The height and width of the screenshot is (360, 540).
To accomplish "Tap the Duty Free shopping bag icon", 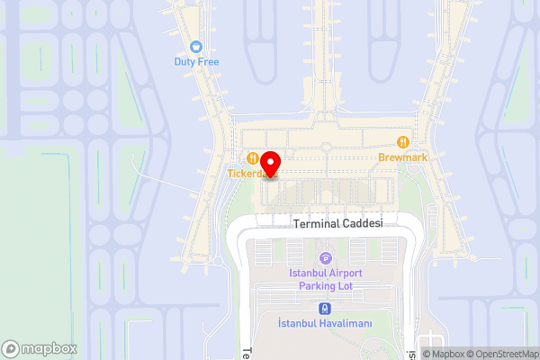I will pos(197,47).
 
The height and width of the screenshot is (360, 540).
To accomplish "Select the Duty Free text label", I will pos(197,62).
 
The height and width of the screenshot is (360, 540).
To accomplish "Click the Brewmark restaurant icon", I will pos(403,141).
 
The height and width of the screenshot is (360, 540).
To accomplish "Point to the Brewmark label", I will pos(403,157).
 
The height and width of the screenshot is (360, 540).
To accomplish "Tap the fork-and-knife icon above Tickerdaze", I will pos(254,157).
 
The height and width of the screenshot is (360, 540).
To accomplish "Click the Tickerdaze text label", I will pos(247,173).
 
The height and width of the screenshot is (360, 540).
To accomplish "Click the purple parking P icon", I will pos(325,258).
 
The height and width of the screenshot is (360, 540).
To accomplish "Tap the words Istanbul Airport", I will pos(325,273).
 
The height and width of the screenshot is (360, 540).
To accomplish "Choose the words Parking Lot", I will pos(325,285).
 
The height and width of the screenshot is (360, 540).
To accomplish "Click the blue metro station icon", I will pos(325,308).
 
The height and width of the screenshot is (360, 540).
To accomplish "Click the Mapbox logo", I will pos(39,348).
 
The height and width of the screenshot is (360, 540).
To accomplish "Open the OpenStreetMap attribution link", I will pos(502,354).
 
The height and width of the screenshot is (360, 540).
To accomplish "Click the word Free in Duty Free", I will pos(209,62).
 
